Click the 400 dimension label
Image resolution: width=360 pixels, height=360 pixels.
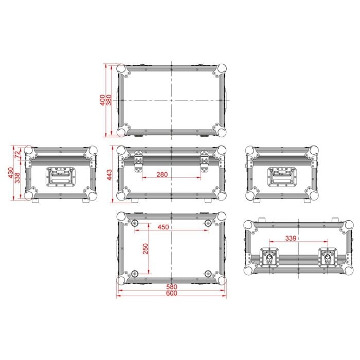tap(102, 100)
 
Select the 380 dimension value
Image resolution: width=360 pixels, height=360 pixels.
tap(109, 100)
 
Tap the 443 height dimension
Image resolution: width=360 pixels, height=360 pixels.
tap(110, 174)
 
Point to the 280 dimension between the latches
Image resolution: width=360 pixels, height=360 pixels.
tap(162, 174)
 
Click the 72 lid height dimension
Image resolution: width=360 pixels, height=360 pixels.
tap(17, 154)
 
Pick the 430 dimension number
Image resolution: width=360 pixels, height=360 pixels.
tap(11, 173)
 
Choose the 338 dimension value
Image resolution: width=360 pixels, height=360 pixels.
tap(17, 178)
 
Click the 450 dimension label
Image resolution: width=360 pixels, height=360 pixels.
tap(163, 227)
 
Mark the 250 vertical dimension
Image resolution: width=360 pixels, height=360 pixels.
tap(146, 248)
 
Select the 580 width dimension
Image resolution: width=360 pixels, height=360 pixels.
tap(172, 287)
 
